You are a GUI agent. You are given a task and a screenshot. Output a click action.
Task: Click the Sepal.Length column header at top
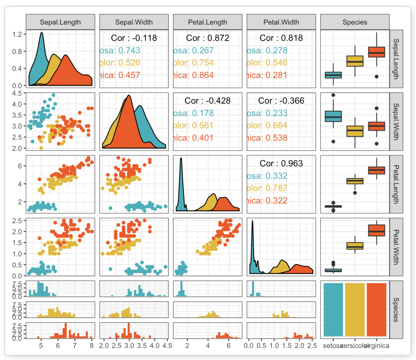tap(60, 22)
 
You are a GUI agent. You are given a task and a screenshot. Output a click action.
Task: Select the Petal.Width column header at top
tap(281, 22)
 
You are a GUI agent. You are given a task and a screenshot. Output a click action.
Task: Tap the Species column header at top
tap(355, 22)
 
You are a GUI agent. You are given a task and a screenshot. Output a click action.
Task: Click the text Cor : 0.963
tap(281, 163)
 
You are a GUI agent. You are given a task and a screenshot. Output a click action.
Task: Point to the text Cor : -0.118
tap(134, 38)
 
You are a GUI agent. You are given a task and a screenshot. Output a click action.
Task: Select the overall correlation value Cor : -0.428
tap(207, 100)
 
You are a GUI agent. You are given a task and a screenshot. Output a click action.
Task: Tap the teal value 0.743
tap(128, 50)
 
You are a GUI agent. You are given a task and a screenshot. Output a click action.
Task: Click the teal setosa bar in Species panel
tap(333, 309)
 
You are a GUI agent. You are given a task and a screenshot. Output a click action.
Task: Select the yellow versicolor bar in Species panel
tap(355, 309)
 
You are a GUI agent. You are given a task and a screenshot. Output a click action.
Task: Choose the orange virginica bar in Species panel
tap(376, 309)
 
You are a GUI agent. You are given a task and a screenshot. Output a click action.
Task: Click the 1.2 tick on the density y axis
tap(17, 34)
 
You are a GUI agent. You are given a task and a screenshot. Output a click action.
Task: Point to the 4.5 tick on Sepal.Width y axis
tap(17, 93)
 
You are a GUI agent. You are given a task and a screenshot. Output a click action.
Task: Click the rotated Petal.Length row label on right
tap(396, 184)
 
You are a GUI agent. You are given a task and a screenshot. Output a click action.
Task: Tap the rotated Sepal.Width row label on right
tap(396, 121)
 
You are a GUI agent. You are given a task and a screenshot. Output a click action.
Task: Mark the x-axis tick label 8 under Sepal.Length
tap(92, 345)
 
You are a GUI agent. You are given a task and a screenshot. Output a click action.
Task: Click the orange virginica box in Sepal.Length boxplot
tap(376, 52)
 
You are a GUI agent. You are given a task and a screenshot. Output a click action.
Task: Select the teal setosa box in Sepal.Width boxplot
tap(333, 116)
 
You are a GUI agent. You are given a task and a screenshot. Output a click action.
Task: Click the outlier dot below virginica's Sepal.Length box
tap(376, 77)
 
